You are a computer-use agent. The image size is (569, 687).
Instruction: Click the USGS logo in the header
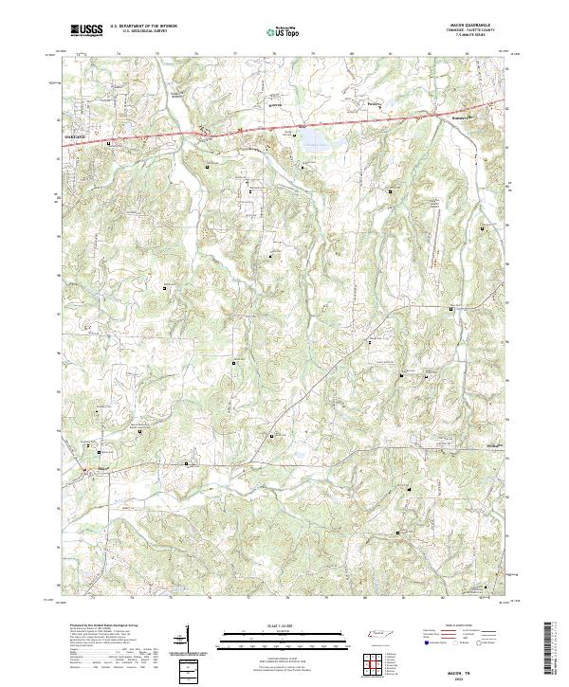coord(86,31)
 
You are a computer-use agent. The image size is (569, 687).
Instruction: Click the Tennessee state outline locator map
coord(379,633)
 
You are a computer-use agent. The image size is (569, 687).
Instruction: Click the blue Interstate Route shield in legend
coord(425,642)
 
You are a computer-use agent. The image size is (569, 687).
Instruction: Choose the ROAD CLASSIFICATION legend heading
coord(458,626)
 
